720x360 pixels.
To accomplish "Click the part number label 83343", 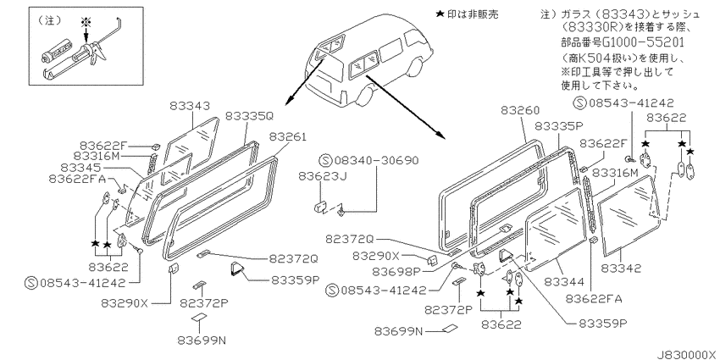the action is (190, 106).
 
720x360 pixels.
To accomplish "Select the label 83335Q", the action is (250, 116).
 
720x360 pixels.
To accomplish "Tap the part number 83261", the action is (287, 137).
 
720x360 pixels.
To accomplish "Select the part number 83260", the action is (520, 111).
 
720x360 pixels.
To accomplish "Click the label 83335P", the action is (559, 126).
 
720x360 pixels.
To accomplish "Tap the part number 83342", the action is (621, 269).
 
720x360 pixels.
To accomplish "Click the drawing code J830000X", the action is (688, 355).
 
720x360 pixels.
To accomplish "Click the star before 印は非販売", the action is (439, 14).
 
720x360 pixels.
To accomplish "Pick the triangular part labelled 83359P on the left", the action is (237, 269).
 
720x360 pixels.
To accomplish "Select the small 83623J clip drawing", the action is (319, 206).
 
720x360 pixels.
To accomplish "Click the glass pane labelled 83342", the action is (629, 214).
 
